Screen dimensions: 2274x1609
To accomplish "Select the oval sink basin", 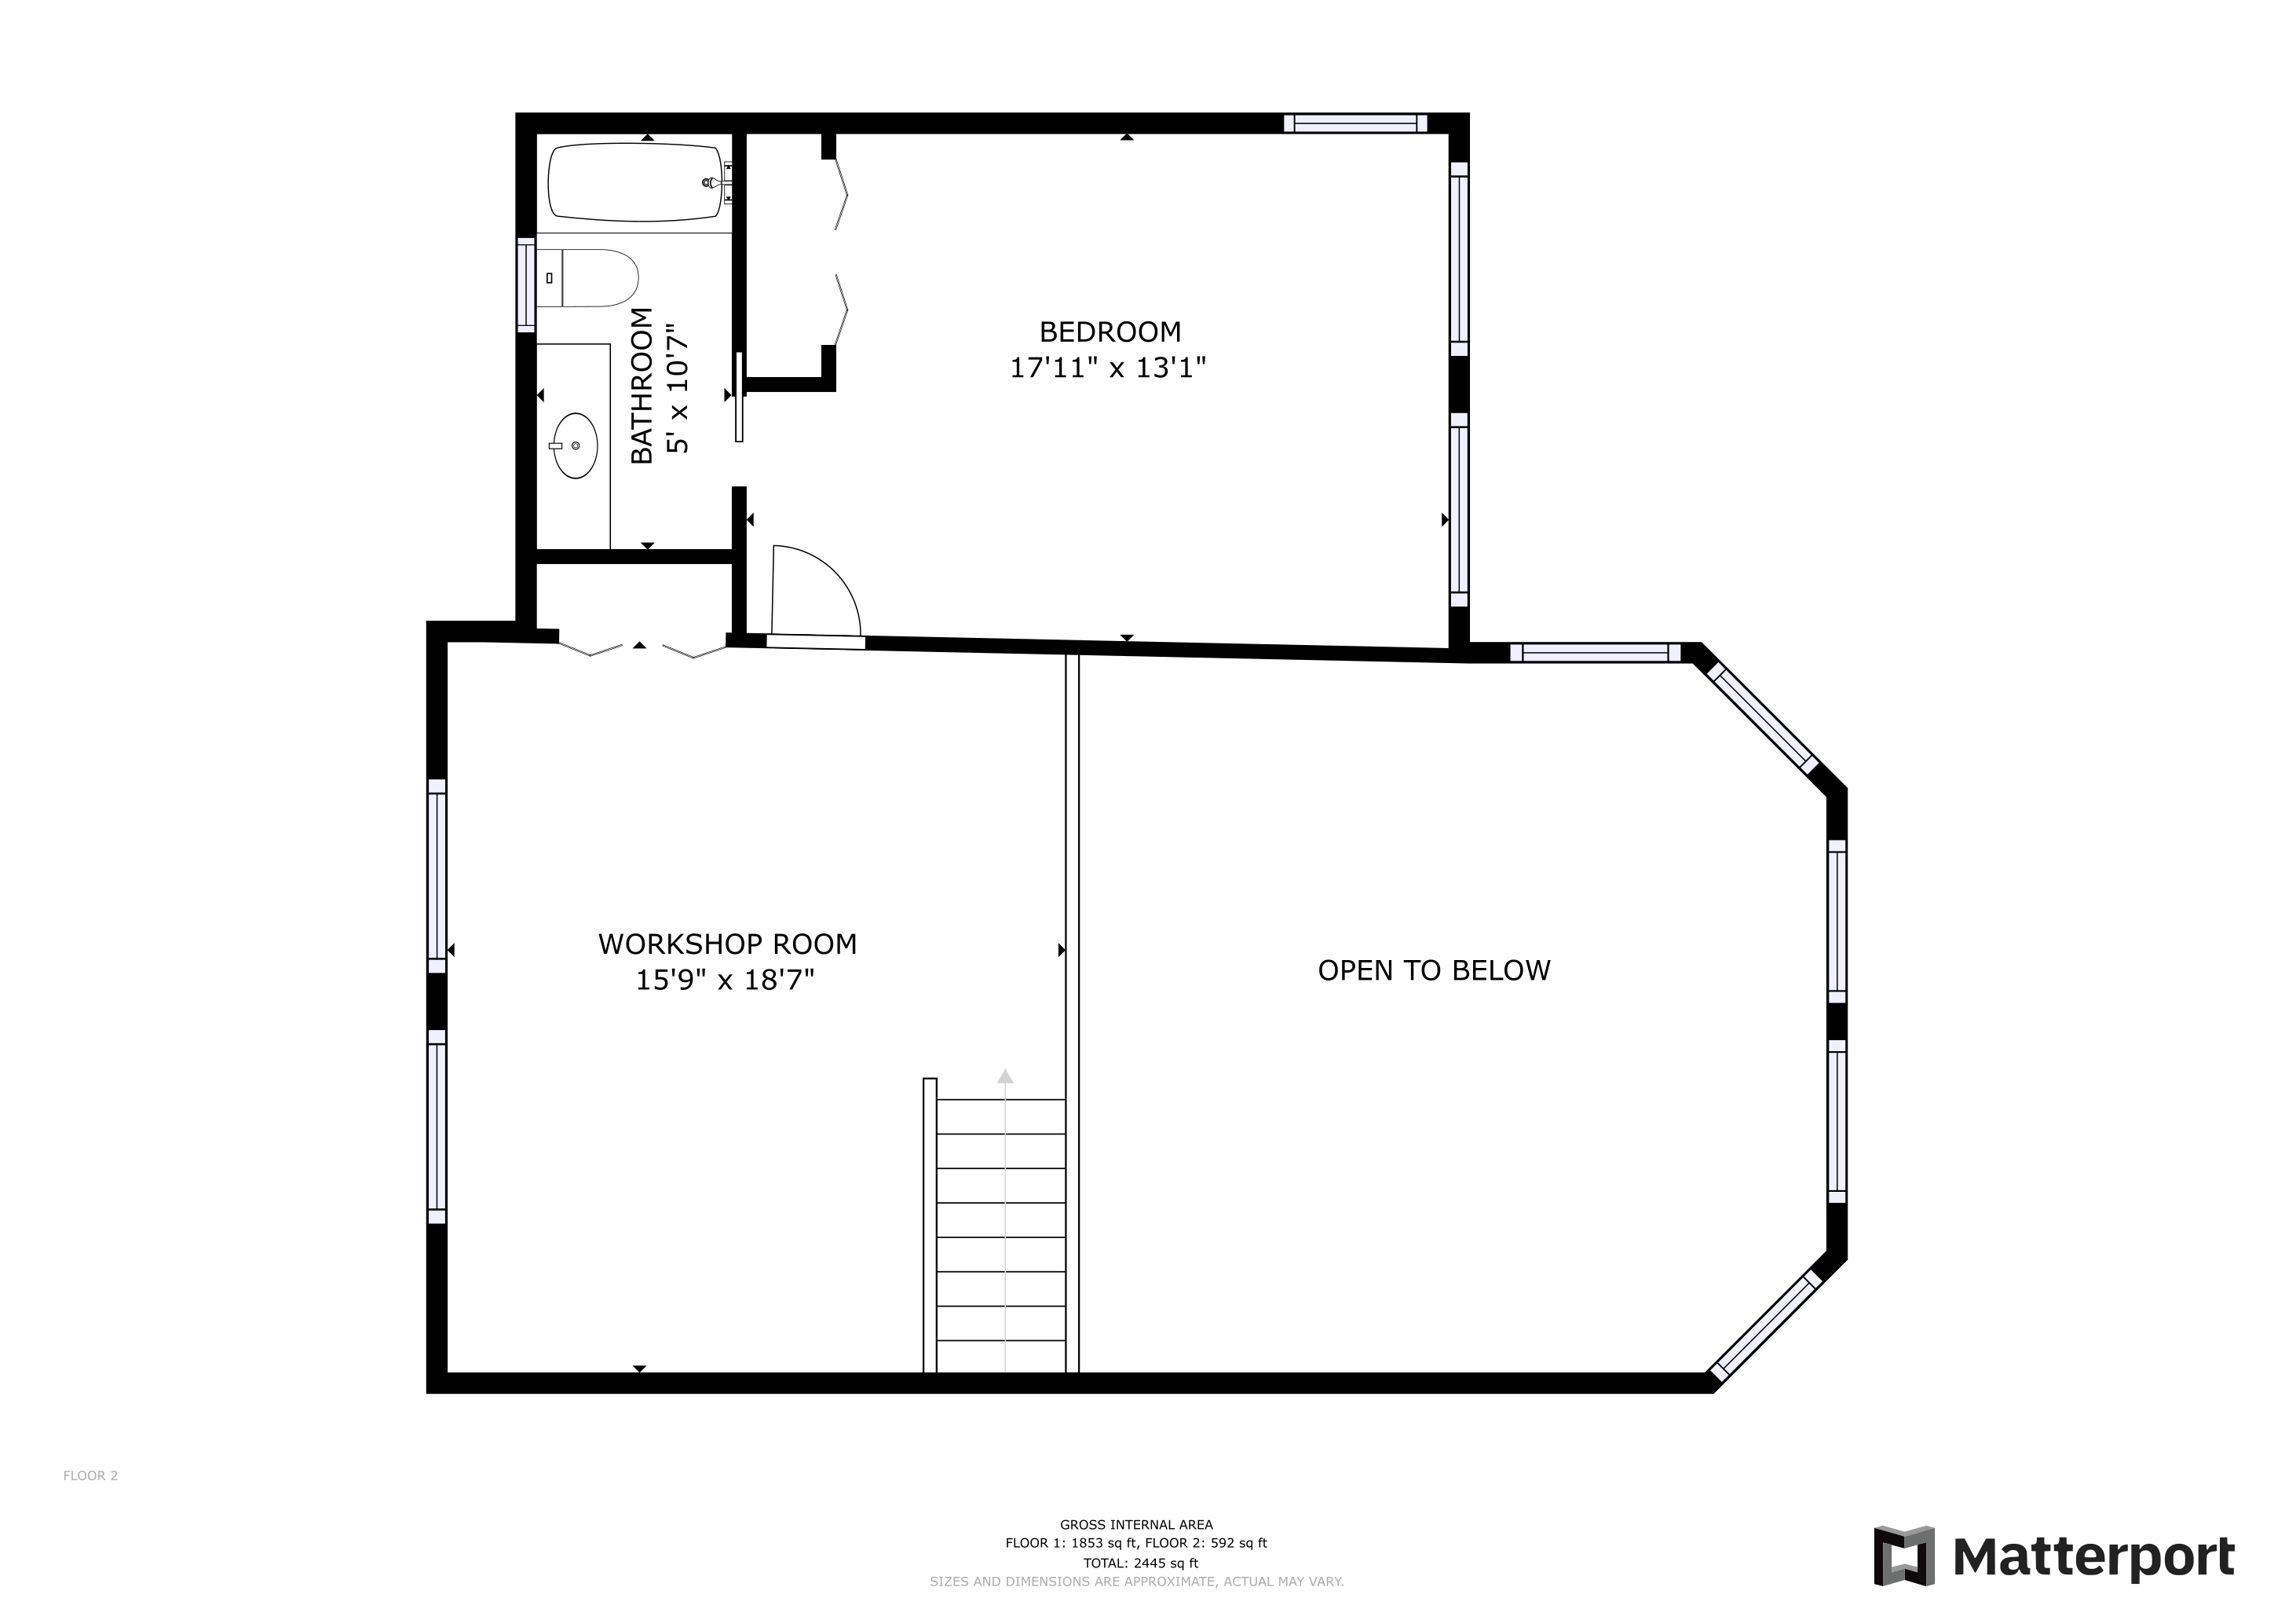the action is click(x=575, y=445).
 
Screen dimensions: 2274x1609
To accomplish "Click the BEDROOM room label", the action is click(x=1110, y=331).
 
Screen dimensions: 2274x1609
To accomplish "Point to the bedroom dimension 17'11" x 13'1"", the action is click(x=1107, y=368).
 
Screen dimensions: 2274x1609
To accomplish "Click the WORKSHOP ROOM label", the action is click(x=727, y=944).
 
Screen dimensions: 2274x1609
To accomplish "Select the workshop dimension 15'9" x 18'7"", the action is click(x=725, y=980).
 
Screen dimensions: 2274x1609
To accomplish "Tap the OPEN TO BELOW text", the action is click(x=1434, y=970).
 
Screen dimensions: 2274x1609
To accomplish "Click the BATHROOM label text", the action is click(x=642, y=386).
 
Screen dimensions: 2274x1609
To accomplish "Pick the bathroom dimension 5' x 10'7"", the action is click(x=678, y=388).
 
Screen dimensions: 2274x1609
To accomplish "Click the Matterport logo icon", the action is click(x=1903, y=1556).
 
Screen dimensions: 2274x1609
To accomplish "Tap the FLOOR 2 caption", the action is click(x=90, y=1475).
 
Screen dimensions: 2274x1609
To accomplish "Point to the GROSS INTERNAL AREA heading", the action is click(x=1136, y=1525).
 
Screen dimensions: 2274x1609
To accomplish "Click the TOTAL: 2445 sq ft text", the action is click(x=1140, y=1563).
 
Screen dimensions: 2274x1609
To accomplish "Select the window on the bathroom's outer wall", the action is click(x=526, y=284).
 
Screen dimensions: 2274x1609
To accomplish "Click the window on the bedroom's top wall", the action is click(x=1356, y=124).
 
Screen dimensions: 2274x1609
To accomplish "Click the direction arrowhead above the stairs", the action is click(x=1005, y=1076).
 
